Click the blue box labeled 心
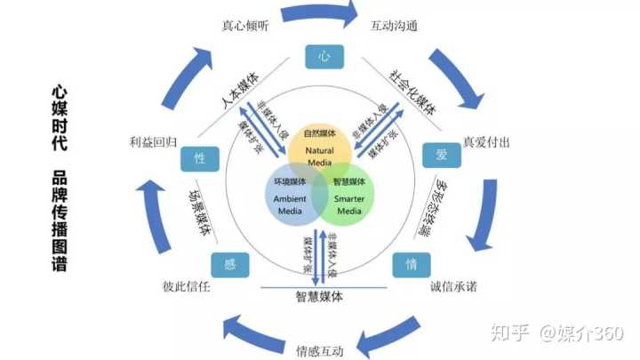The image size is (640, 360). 324,57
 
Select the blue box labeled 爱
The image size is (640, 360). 441,156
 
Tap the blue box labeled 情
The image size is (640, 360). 412,265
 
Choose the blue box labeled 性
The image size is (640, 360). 200,158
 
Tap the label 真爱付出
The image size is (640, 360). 486,142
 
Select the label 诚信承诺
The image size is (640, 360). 442,287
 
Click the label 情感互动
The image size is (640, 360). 320,349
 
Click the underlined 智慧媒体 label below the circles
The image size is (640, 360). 320,296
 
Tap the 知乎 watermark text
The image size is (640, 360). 510,332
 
